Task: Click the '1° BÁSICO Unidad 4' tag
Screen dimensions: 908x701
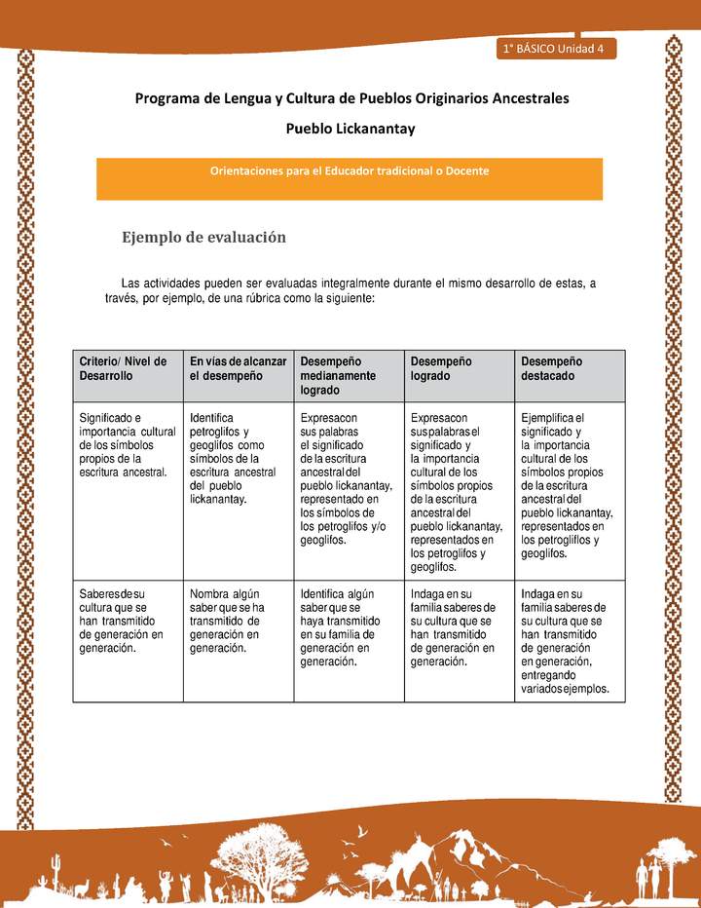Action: point(552,49)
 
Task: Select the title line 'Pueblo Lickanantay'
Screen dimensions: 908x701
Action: point(350,129)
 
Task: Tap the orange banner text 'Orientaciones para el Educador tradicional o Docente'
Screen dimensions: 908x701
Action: point(349,170)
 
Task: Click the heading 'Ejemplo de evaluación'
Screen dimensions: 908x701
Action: point(203,237)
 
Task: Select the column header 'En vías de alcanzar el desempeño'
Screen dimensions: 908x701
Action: point(238,368)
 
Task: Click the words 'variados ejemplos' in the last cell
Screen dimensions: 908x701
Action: point(565,689)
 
